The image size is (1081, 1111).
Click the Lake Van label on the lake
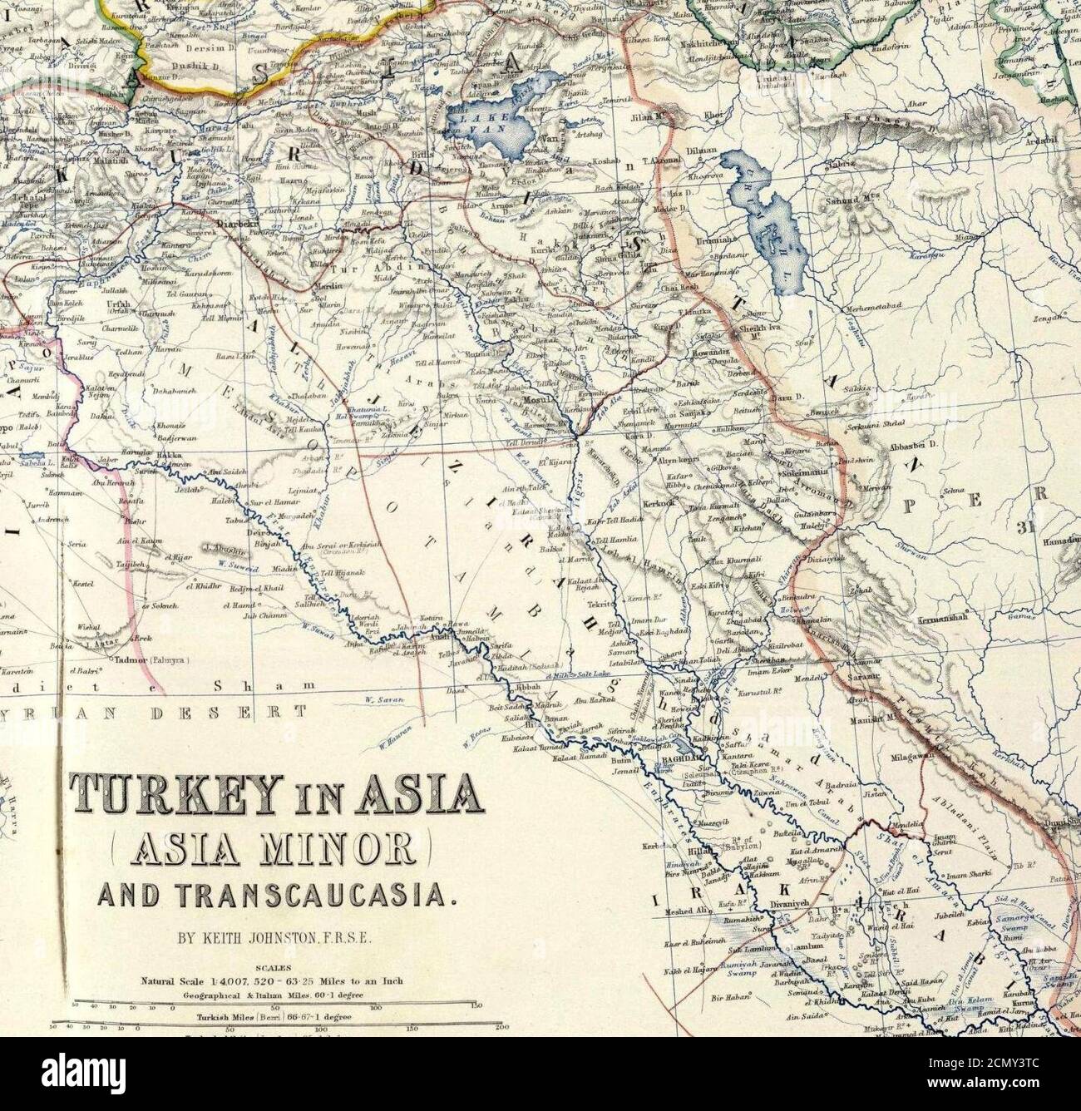point(471,122)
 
